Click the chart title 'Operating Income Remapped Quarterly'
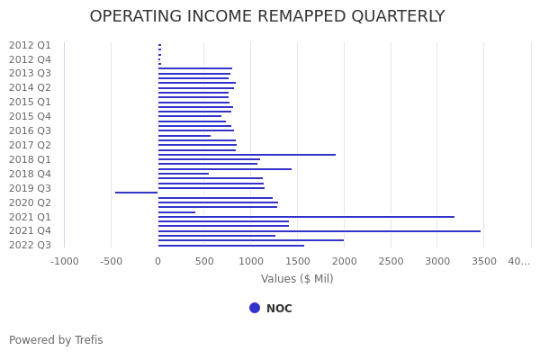tap(267, 17)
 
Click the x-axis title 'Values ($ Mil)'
tap(297, 279)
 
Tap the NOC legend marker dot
tap(255, 308)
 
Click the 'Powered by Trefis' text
tap(56, 340)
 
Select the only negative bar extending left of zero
tap(136, 193)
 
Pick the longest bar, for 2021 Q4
tap(319, 231)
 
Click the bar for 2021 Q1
tap(306, 217)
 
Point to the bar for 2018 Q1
tap(247, 155)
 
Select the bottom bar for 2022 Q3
tap(231, 246)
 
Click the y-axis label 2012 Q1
tap(30, 45)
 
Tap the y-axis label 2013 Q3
tap(30, 74)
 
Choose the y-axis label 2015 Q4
tap(30, 116)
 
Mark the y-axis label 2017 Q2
tap(30, 145)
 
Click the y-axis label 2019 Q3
tap(30, 188)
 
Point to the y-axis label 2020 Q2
tap(30, 202)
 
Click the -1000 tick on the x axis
tap(64, 261)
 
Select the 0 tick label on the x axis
tap(157, 261)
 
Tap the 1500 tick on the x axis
tap(297, 261)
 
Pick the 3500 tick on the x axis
tap(483, 261)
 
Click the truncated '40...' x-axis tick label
tap(519, 261)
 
